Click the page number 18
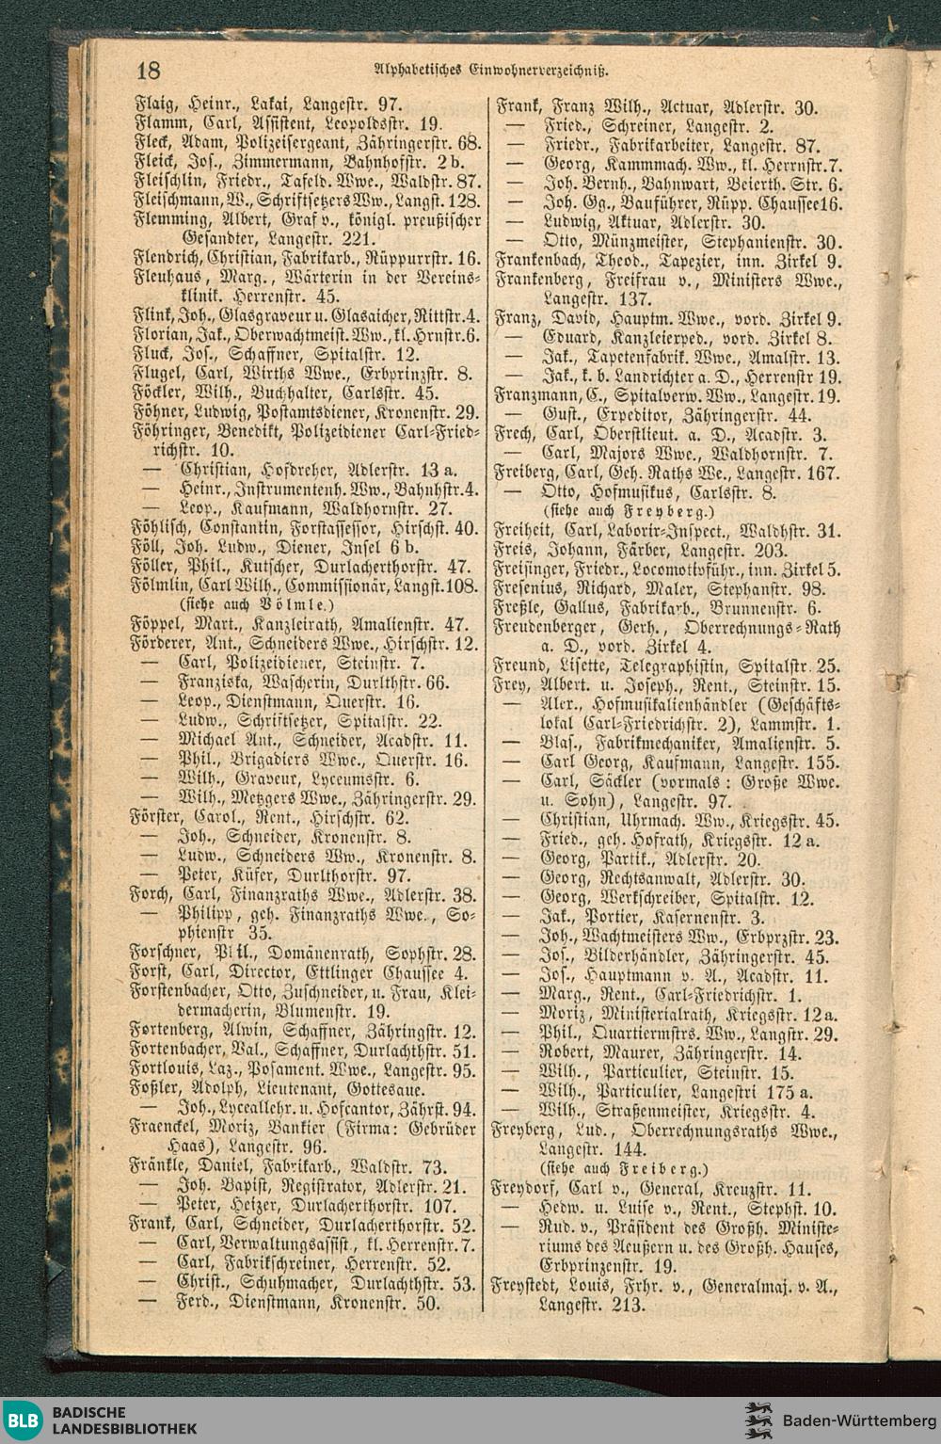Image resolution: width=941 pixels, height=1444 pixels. pos(150,70)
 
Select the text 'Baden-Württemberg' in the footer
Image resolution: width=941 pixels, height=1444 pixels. pos(853,1420)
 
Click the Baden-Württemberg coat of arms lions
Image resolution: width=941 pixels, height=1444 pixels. pos(758,1420)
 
